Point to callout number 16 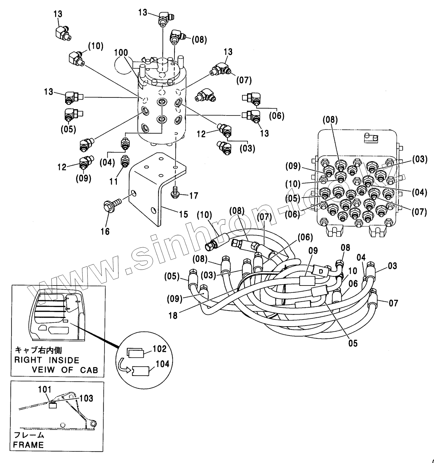pyautogui.click(x=105, y=231)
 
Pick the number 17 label pyautogui.click(x=194, y=196)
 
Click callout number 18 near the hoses pyautogui.click(x=173, y=316)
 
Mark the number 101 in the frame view pyautogui.click(x=44, y=390)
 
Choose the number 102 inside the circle pyautogui.click(x=160, y=349)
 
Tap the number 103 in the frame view pyautogui.click(x=86, y=398)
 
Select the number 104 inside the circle pyautogui.click(x=163, y=364)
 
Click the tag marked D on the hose pyautogui.click(x=321, y=271)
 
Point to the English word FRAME pyautogui.click(x=28, y=445)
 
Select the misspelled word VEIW pyautogui.click(x=44, y=370)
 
